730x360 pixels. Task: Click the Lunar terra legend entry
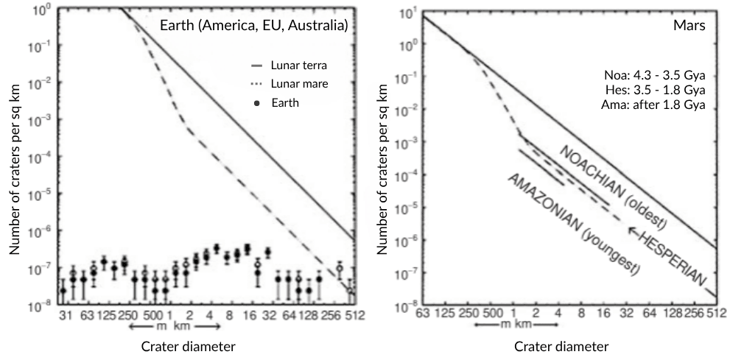(x=296, y=66)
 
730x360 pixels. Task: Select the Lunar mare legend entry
(x=296, y=84)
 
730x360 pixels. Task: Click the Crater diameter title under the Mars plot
(x=561, y=346)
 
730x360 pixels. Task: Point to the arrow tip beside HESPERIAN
(x=628, y=229)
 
